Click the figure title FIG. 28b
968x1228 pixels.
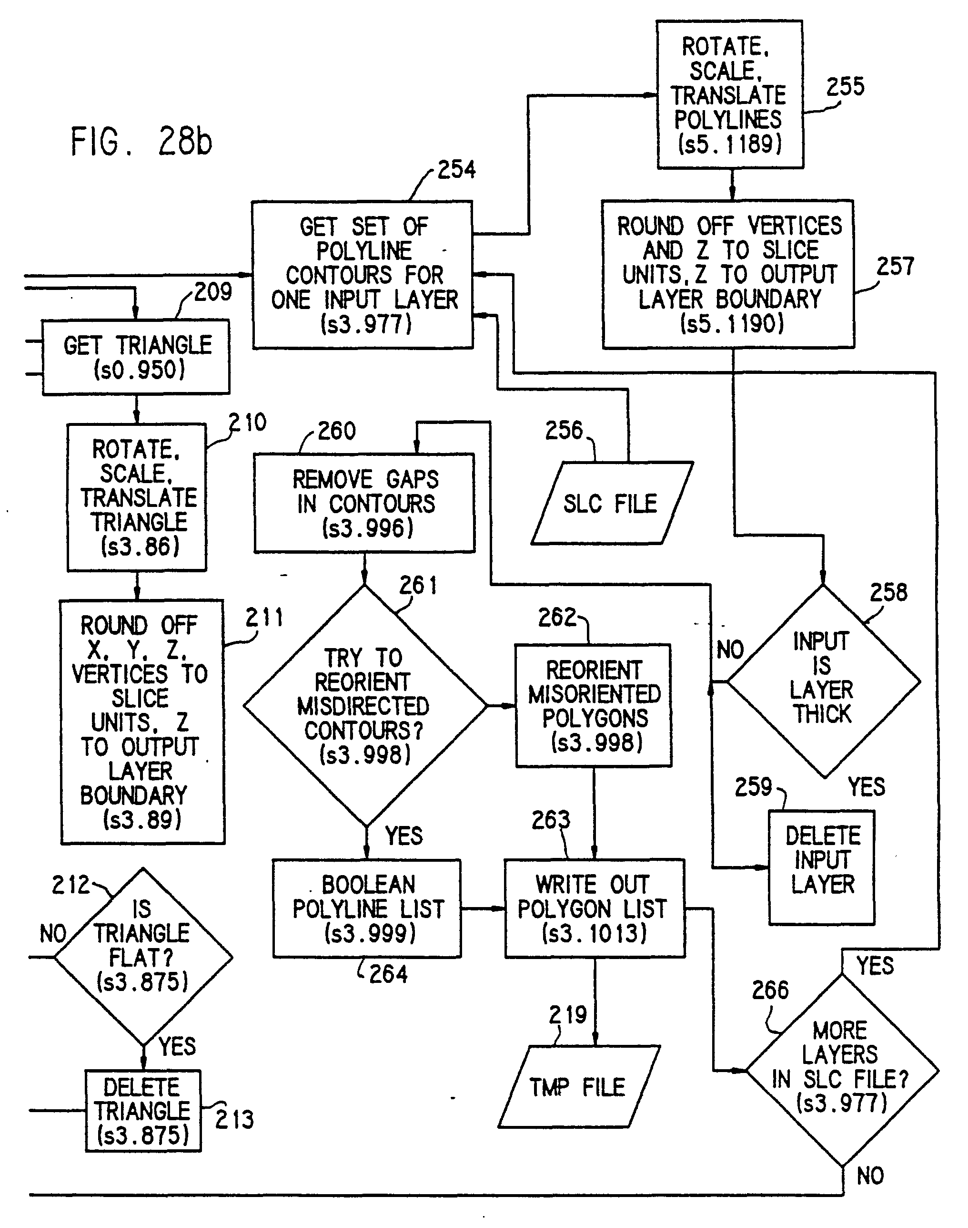(141, 141)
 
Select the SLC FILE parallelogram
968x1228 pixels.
(611, 504)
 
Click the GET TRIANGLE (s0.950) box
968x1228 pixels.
(137, 357)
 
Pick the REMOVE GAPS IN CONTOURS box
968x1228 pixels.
(364, 503)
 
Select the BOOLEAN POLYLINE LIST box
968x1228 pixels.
(367, 908)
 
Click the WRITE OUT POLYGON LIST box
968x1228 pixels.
(595, 908)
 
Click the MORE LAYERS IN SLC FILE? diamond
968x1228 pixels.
(842, 1070)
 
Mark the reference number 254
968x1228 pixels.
(457, 170)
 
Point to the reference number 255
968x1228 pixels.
(845, 87)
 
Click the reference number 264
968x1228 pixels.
(388, 974)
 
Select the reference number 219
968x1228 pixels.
(568, 1015)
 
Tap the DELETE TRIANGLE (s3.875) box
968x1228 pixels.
(143, 1111)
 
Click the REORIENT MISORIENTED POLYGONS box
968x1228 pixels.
(594, 706)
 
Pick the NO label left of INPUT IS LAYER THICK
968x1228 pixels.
(730, 650)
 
